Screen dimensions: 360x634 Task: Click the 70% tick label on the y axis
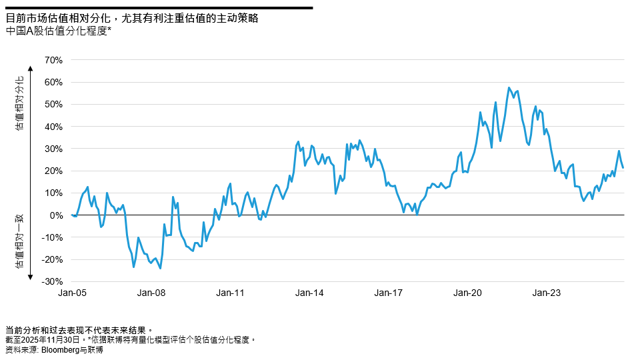53,60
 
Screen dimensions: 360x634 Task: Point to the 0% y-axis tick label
55,215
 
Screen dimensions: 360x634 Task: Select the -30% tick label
51,282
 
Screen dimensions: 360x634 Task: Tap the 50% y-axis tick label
53,105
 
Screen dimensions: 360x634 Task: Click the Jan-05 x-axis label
71,293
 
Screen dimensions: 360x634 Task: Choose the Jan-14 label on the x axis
309,293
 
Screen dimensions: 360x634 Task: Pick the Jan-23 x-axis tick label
547,293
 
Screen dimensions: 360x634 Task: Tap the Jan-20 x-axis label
468,293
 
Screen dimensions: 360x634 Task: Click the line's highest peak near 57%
509,87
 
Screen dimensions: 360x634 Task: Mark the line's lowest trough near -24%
160,269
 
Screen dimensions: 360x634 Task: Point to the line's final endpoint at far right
623,168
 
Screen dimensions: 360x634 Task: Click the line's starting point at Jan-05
71,215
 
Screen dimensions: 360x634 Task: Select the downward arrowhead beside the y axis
31,276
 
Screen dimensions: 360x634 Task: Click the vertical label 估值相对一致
20,241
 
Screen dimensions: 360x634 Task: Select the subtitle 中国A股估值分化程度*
57,31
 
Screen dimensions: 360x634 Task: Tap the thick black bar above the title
159,8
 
